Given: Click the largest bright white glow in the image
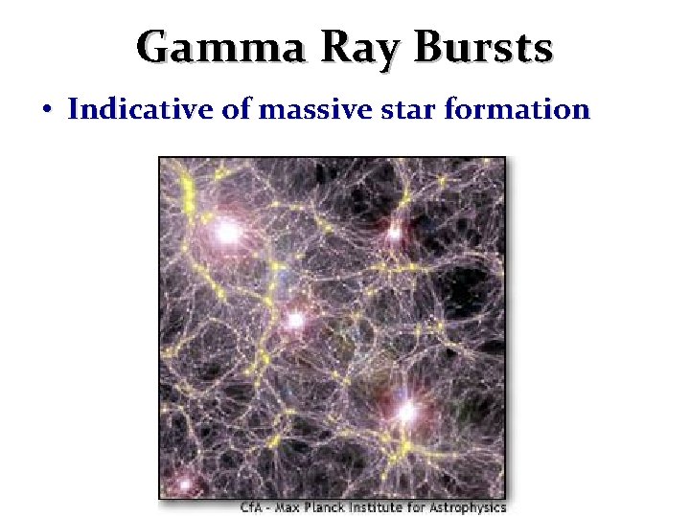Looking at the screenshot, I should click(x=227, y=232).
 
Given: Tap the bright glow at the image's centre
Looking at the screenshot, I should click(x=295, y=320).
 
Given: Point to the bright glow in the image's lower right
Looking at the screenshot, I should click(x=406, y=412).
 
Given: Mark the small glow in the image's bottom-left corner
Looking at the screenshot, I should click(x=183, y=485).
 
